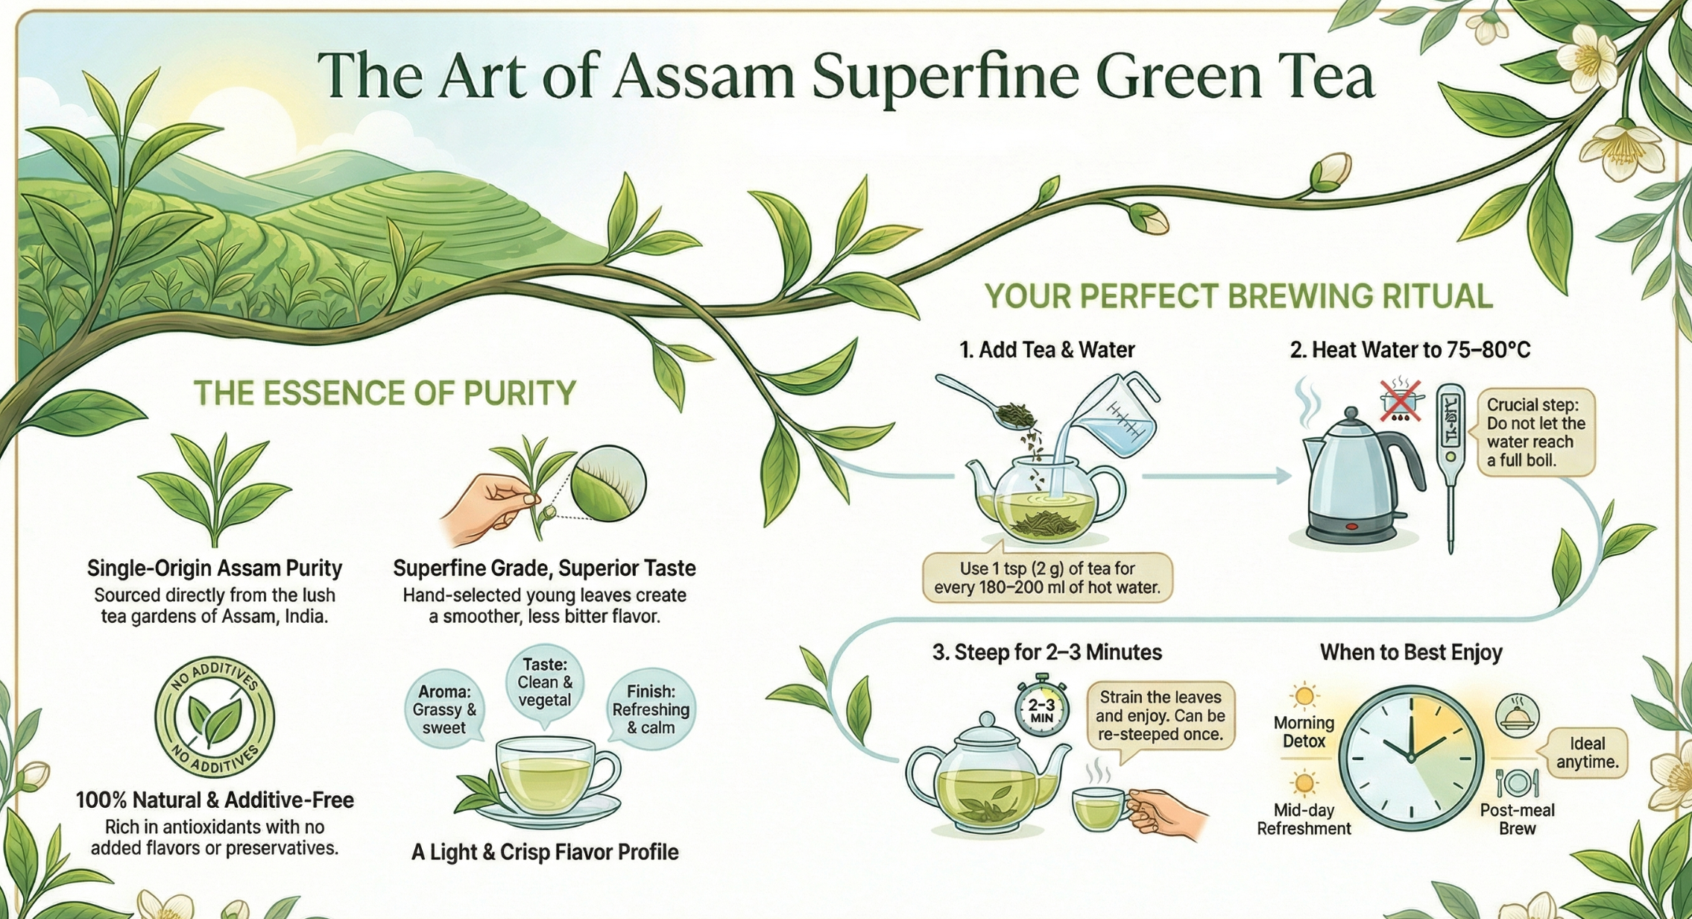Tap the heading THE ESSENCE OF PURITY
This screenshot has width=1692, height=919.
(x=385, y=392)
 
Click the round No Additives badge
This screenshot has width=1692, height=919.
(x=215, y=717)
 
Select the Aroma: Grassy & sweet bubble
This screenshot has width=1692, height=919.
(x=443, y=709)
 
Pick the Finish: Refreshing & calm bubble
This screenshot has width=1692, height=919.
(x=651, y=709)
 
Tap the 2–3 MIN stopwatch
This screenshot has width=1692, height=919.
(x=1041, y=706)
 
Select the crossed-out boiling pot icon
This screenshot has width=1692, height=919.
(x=1400, y=401)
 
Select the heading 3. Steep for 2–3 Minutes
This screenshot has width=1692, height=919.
(x=1047, y=653)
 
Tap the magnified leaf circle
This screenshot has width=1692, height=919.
(x=608, y=484)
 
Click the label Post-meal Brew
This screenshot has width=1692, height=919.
(x=1517, y=819)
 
